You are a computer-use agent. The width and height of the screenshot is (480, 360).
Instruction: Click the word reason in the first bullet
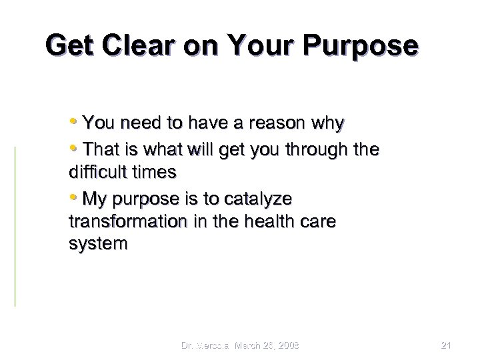(x=268, y=123)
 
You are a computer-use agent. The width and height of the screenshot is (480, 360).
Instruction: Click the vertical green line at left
(x=15, y=227)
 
